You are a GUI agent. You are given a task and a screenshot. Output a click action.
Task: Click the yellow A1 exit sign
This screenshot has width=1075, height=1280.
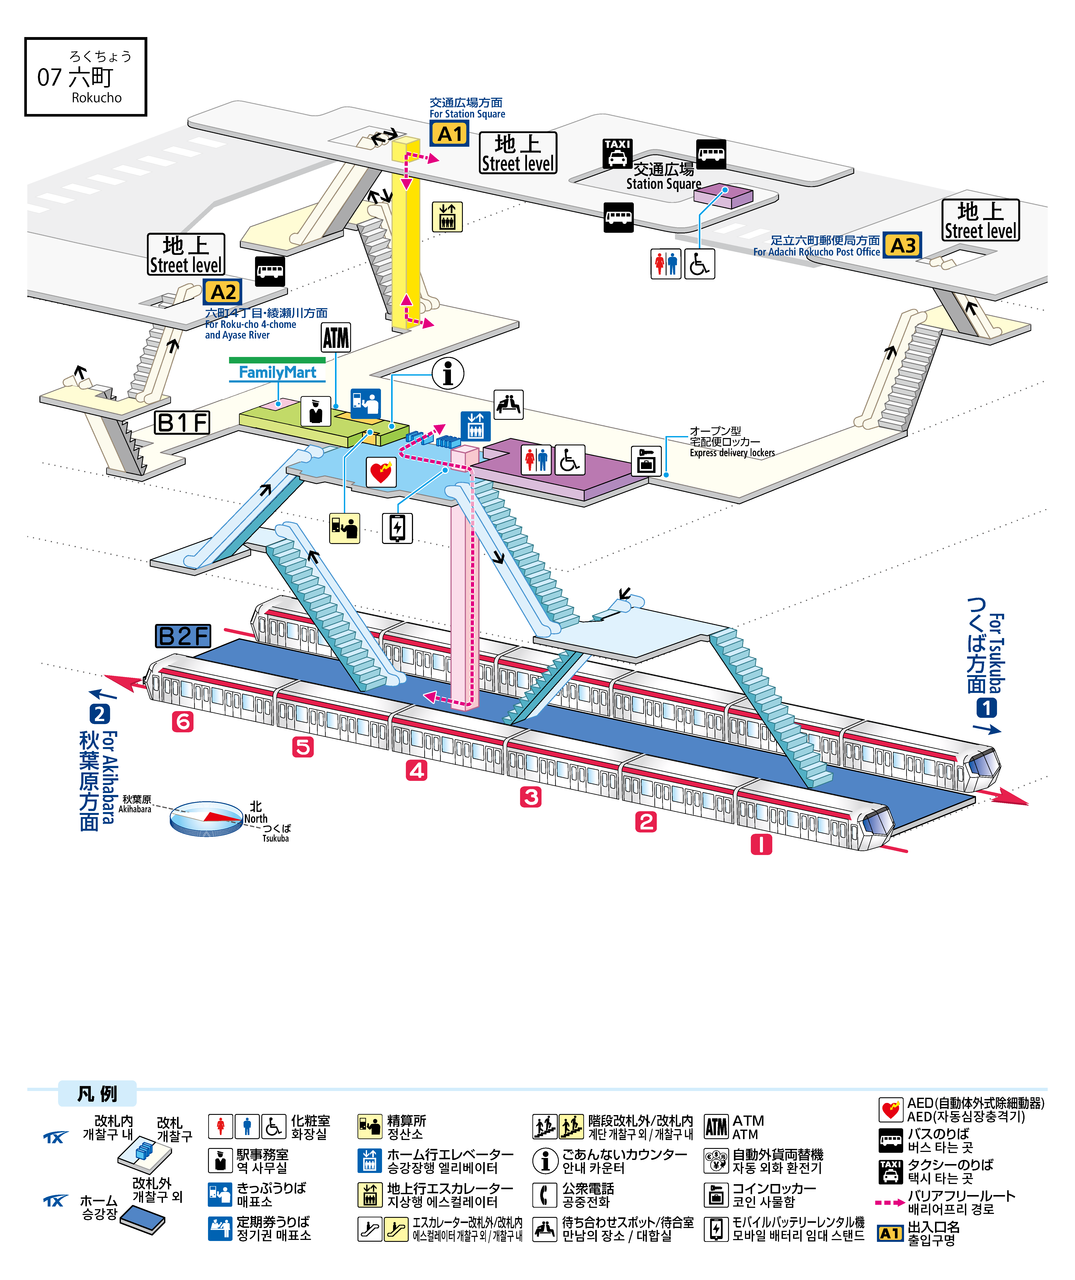(450, 134)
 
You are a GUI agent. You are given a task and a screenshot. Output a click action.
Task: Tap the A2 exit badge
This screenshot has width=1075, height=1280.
(223, 293)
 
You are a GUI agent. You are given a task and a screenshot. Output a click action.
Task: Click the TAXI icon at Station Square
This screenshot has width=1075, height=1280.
(617, 154)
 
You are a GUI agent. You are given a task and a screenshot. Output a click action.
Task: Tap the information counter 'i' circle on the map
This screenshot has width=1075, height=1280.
(448, 373)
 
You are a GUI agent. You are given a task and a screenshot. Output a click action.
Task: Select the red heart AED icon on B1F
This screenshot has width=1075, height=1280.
(381, 472)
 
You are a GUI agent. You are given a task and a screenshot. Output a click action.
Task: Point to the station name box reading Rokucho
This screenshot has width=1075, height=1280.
(86, 77)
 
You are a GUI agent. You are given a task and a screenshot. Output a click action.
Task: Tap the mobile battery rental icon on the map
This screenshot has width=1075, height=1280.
(397, 528)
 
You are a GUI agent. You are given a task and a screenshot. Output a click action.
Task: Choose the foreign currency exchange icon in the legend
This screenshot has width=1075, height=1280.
(716, 1161)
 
